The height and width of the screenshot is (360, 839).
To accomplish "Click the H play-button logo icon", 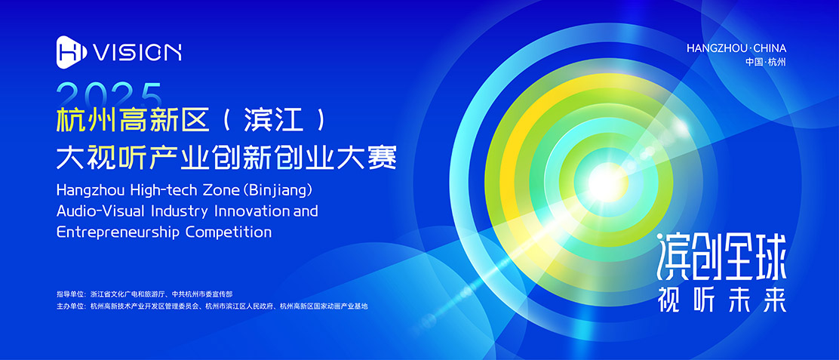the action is coord(72,52).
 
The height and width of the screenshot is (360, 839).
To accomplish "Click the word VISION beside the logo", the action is coord(137,52).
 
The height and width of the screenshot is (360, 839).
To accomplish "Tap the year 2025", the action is coord(109,96).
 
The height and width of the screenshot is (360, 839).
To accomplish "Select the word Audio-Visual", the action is coord(101,211).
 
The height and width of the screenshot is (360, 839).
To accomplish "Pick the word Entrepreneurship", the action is coord(118,232).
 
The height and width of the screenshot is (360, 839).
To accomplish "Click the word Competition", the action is coord(229,232).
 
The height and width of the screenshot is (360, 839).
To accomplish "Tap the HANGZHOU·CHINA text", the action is coord(736,48).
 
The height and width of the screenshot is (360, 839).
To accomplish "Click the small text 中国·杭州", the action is coord(765,62).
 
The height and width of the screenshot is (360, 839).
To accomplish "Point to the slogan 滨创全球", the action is coord(722,260).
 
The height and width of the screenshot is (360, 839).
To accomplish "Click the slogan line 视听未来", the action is coord(723,300).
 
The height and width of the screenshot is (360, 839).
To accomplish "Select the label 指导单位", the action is coord(71,294).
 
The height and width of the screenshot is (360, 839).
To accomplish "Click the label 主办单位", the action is coord(71,306).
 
